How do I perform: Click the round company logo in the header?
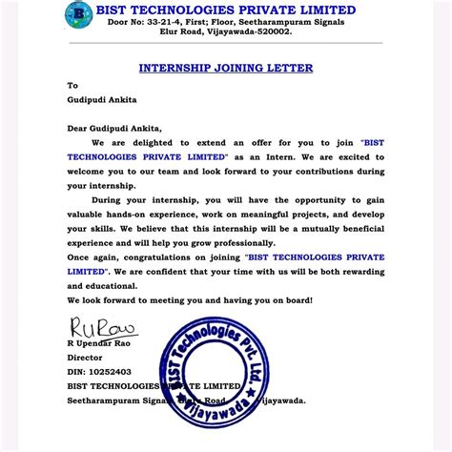click(x=77, y=17)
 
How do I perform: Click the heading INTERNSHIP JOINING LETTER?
click(x=225, y=68)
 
